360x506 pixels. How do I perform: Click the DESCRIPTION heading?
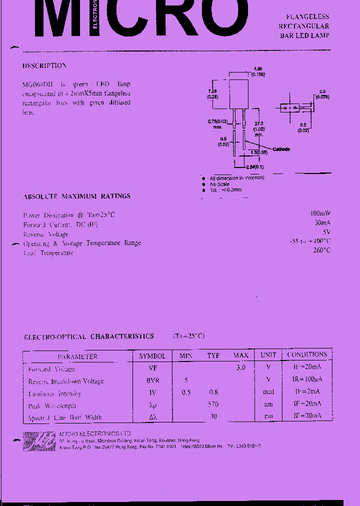[44, 65]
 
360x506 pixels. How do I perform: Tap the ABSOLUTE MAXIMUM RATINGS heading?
[77, 196]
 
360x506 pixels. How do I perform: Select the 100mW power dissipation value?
[320, 213]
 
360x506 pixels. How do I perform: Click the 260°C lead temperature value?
[321, 250]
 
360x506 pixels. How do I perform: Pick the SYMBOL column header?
[152, 356]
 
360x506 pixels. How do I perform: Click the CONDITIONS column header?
[307, 354]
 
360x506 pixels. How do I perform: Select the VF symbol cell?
[152, 368]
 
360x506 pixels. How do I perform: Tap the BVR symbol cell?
[152, 380]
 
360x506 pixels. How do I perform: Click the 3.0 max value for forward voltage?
[240, 367]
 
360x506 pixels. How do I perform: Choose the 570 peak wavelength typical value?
[213, 404]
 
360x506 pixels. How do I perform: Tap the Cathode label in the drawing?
[281, 149]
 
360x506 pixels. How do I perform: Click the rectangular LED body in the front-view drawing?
[239, 94]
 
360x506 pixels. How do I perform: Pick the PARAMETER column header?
[77, 356]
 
